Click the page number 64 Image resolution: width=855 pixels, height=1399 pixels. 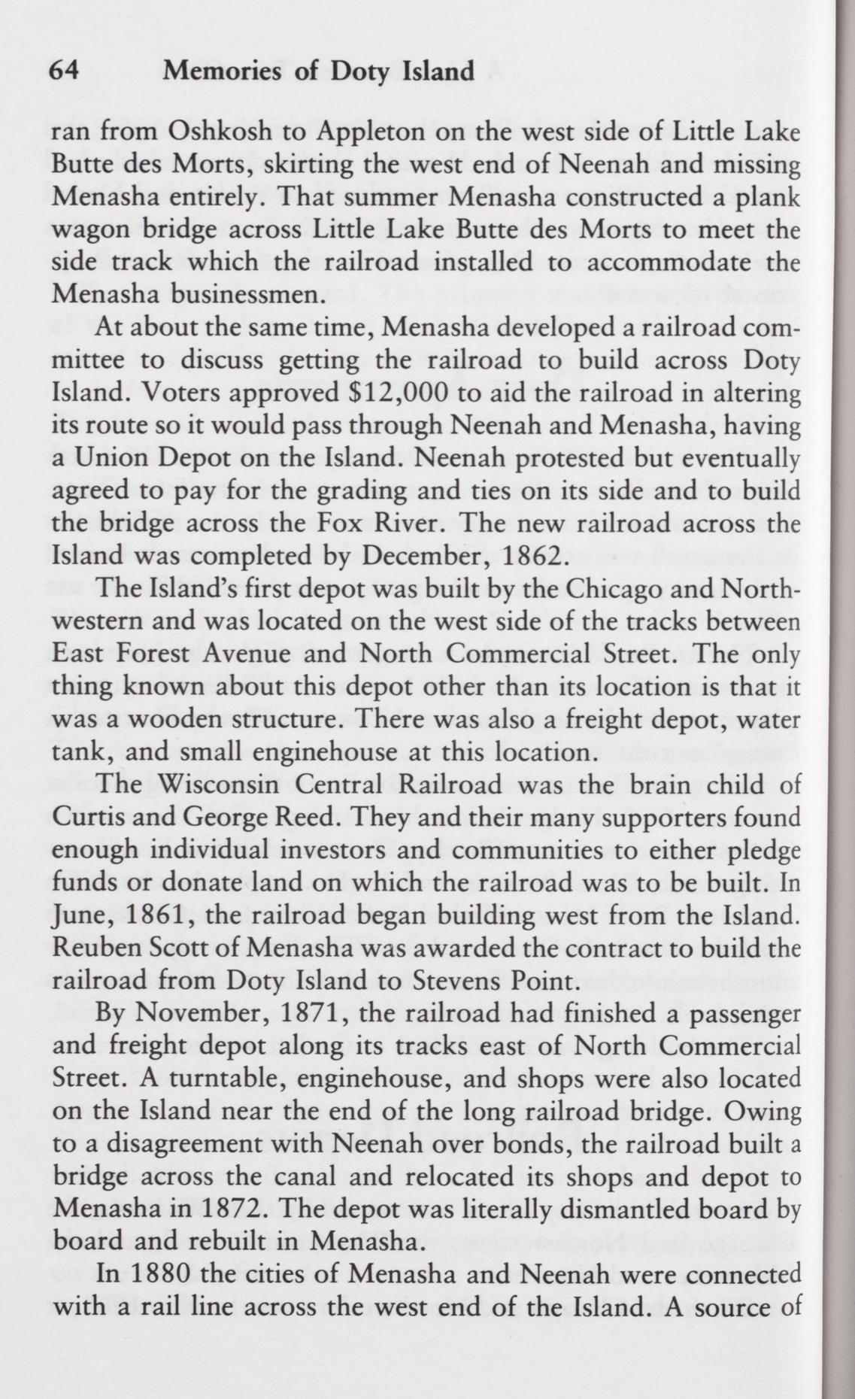pyautogui.click(x=63, y=71)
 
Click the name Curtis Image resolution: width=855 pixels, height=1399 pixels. pyautogui.click(x=83, y=817)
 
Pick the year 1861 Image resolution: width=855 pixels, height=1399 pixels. pyautogui.click(x=157, y=915)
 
